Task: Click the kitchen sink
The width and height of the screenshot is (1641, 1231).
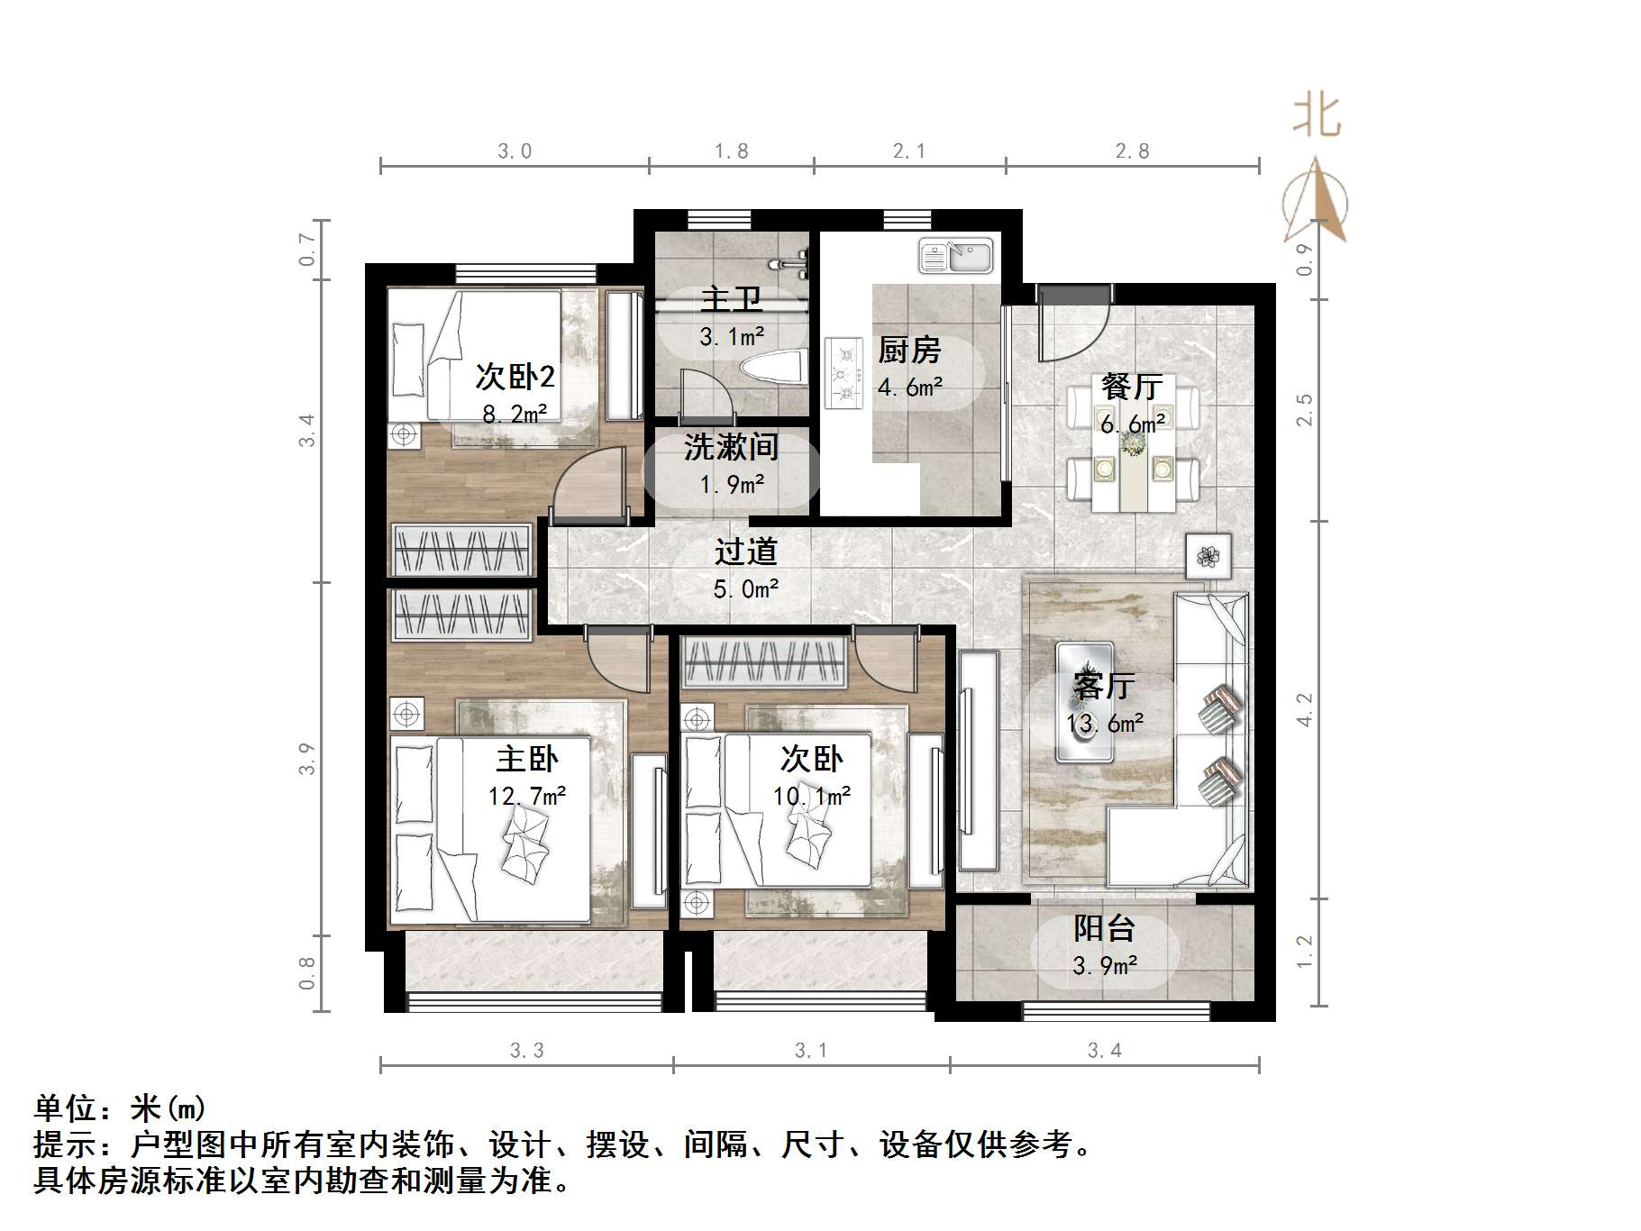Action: click(955, 256)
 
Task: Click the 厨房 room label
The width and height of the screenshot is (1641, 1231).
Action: click(909, 350)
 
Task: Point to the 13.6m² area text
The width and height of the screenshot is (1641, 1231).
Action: click(1105, 724)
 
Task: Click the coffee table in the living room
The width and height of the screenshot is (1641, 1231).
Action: click(1085, 701)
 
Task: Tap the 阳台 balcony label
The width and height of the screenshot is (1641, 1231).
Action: click(1104, 928)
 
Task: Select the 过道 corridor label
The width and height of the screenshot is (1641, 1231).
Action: click(746, 552)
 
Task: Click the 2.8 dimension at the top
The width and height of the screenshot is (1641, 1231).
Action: click(1132, 151)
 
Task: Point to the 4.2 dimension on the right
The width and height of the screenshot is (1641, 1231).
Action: click(1304, 709)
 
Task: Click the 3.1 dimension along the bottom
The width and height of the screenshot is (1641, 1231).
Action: click(810, 1051)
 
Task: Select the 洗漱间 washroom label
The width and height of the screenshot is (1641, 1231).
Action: click(731, 447)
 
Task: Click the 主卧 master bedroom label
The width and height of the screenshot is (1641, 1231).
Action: click(527, 759)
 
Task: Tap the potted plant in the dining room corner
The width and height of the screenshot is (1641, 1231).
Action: click(1208, 557)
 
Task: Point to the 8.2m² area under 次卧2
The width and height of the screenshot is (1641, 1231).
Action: click(515, 415)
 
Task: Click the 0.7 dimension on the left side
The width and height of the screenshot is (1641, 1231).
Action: click(307, 250)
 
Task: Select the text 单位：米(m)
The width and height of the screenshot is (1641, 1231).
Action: click(120, 1108)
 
